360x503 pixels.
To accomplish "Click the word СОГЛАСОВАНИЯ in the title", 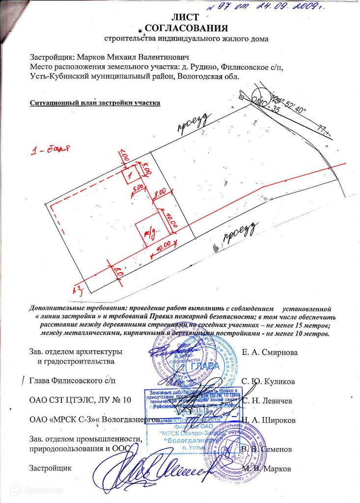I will pos(180,28).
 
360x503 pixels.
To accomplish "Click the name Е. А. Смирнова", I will pos(270,352).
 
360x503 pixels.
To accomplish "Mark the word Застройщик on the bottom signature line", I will pos(51,468).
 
